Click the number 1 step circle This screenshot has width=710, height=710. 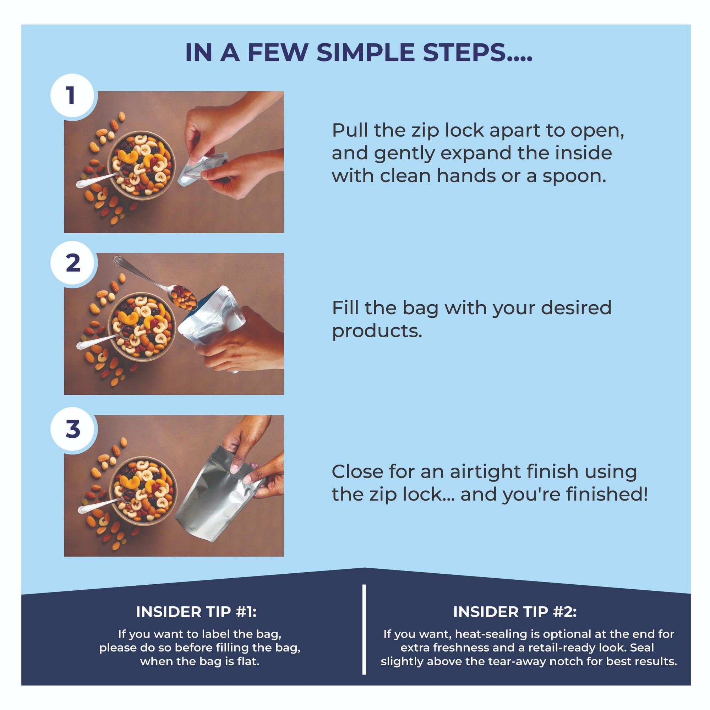coord(71,95)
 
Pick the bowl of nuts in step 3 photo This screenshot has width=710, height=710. coord(143,491)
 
